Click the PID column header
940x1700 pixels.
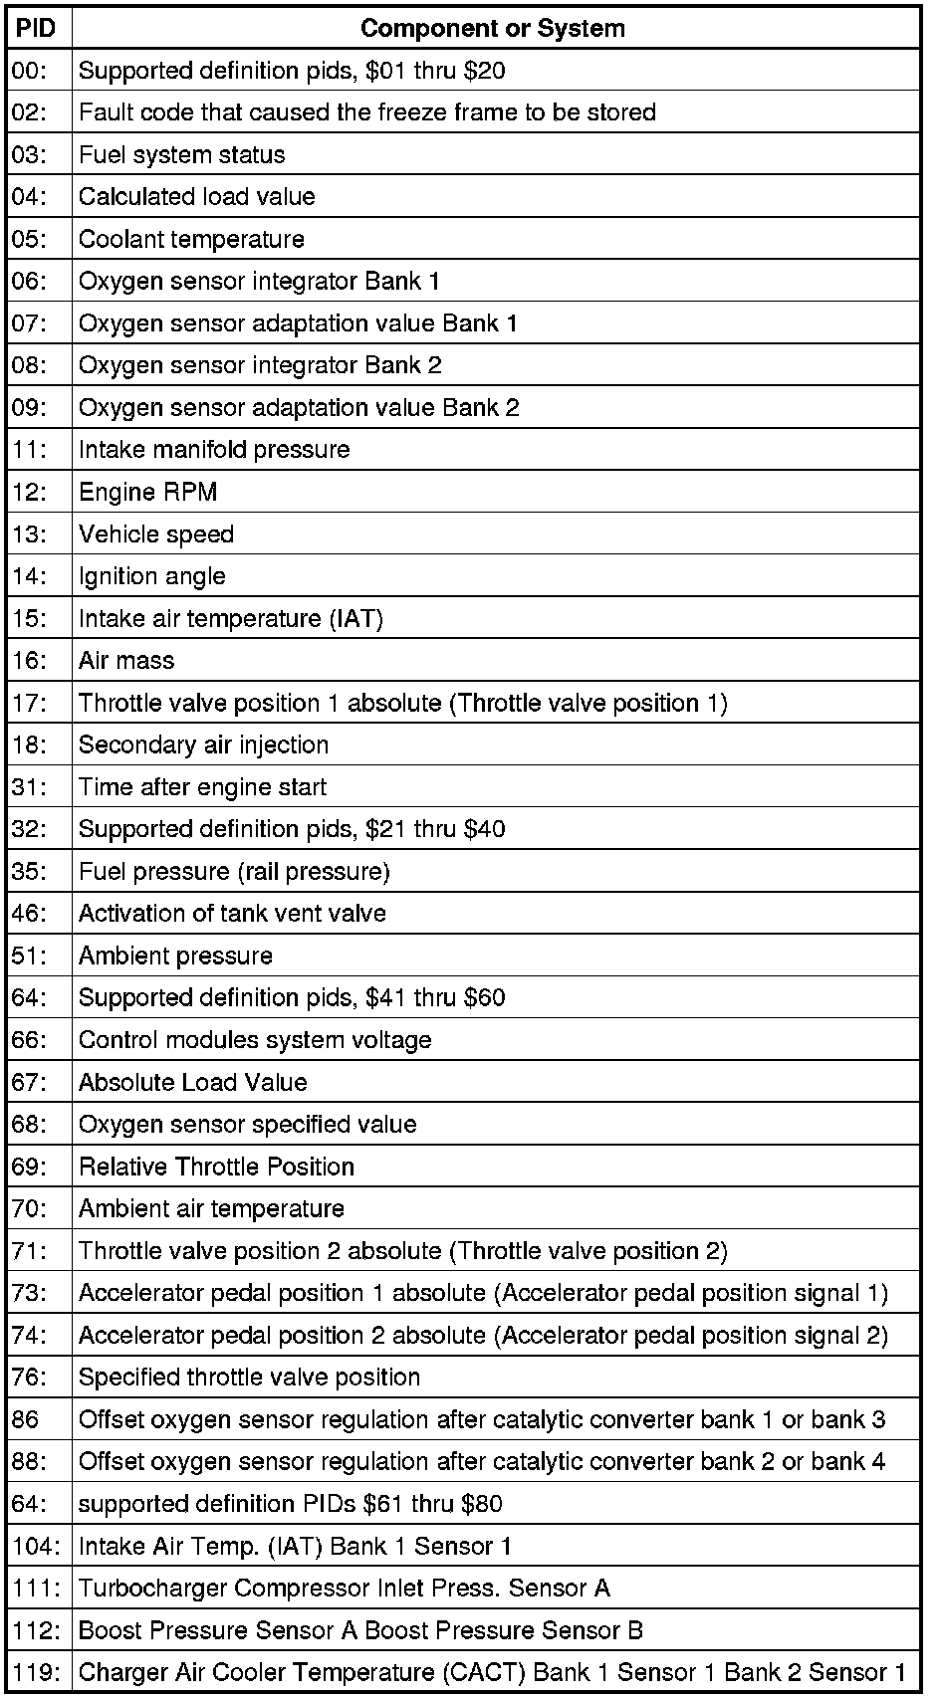[37, 28]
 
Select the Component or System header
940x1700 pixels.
[493, 28]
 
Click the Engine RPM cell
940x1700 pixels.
[147, 492]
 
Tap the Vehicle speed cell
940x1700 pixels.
[156, 534]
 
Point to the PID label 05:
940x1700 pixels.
[29, 239]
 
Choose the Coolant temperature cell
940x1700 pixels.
[191, 239]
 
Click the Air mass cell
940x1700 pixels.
[126, 661]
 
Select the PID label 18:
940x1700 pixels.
[29, 744]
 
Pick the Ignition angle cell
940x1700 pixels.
[152, 576]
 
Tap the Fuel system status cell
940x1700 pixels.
[181, 155]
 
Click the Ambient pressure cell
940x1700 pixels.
[175, 956]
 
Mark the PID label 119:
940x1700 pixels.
[36, 1672]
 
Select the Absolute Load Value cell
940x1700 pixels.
[193, 1082]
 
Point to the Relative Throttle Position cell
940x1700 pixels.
[216, 1167]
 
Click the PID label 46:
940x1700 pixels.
[29, 914]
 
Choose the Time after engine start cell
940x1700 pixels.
[202, 787]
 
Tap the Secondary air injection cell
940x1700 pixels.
[203, 744]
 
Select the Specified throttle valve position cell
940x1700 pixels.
[249, 1378]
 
